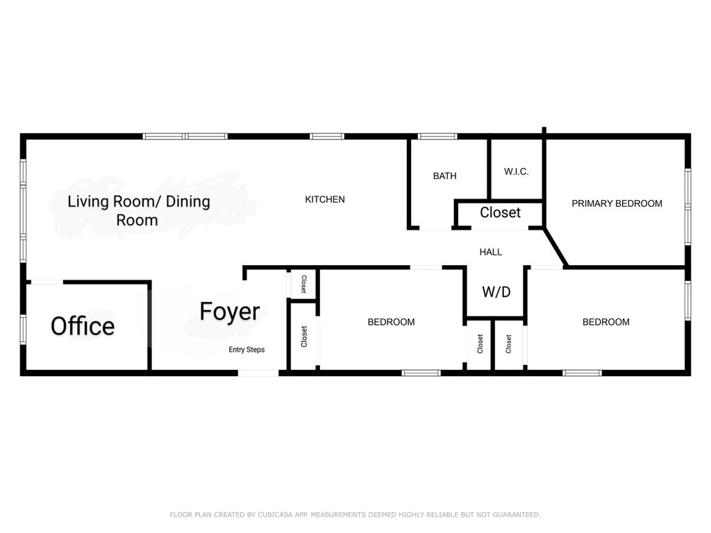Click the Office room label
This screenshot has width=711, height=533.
(x=83, y=326)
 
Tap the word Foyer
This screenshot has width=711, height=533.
(x=229, y=312)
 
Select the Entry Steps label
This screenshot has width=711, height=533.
(x=246, y=350)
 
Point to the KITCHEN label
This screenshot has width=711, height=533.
(x=325, y=199)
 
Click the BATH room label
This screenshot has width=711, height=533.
(x=445, y=176)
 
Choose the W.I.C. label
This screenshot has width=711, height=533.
(x=517, y=172)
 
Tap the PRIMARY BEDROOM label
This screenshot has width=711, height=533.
(x=617, y=203)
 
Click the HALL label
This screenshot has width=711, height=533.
(x=491, y=252)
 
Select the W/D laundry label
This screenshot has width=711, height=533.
(x=496, y=291)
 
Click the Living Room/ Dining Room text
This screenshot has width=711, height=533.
(x=139, y=210)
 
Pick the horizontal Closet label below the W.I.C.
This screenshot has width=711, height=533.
(x=500, y=212)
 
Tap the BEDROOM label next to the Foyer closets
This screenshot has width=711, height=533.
(x=391, y=322)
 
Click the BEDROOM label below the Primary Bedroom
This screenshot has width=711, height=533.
(x=605, y=322)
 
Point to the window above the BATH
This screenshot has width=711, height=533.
(x=437, y=136)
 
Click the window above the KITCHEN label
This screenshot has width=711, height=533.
(x=327, y=136)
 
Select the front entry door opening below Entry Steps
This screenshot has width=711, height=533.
(x=258, y=373)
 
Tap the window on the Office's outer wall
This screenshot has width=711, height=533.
(x=23, y=330)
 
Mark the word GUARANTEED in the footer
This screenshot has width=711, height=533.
(x=516, y=514)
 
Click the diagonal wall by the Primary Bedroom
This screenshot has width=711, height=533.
(x=556, y=247)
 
